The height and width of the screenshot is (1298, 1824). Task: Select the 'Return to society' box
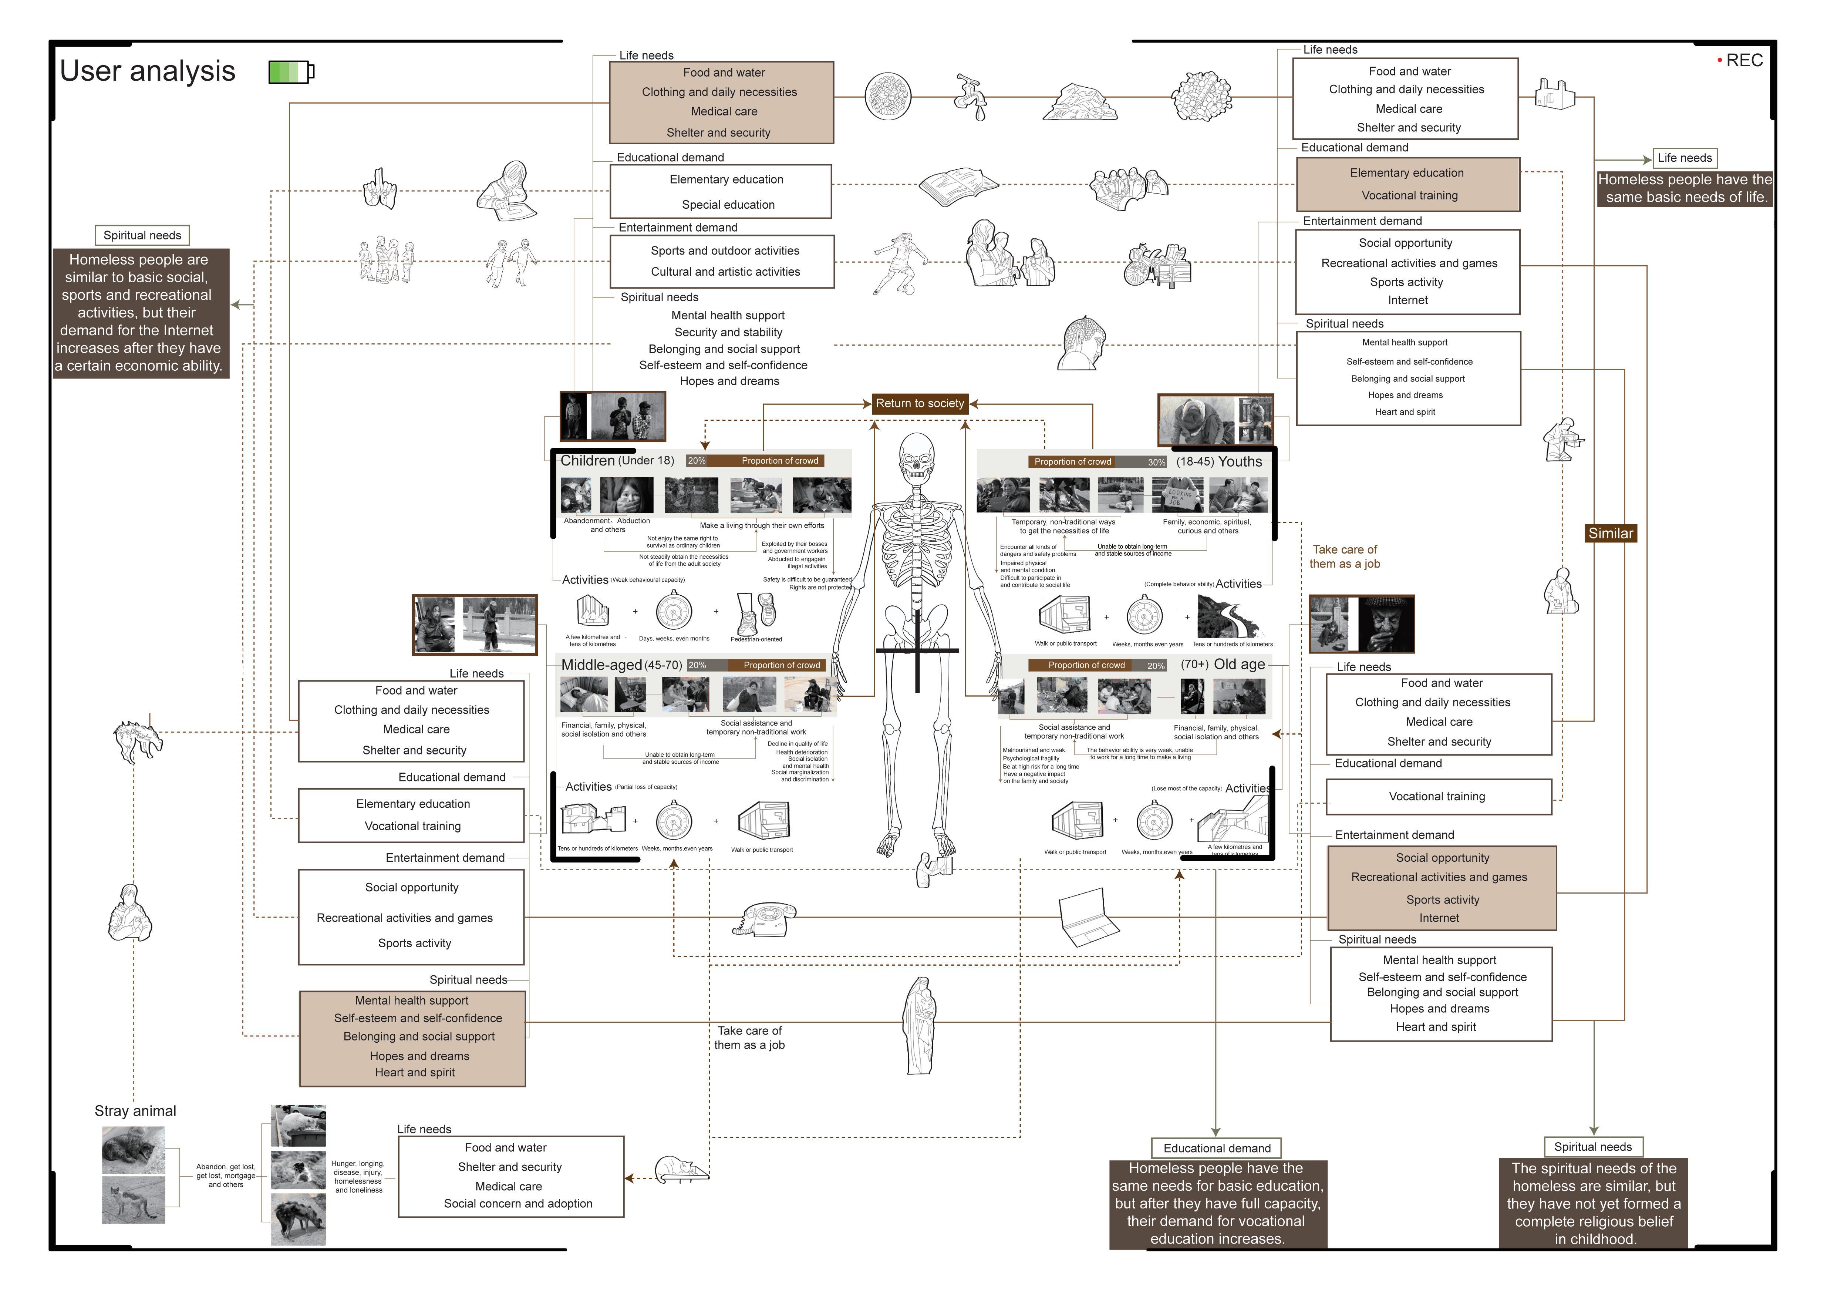[x=920, y=404]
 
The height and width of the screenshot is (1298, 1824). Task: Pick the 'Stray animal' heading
[x=135, y=1111]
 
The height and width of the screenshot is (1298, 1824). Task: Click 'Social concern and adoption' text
[x=518, y=1204]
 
